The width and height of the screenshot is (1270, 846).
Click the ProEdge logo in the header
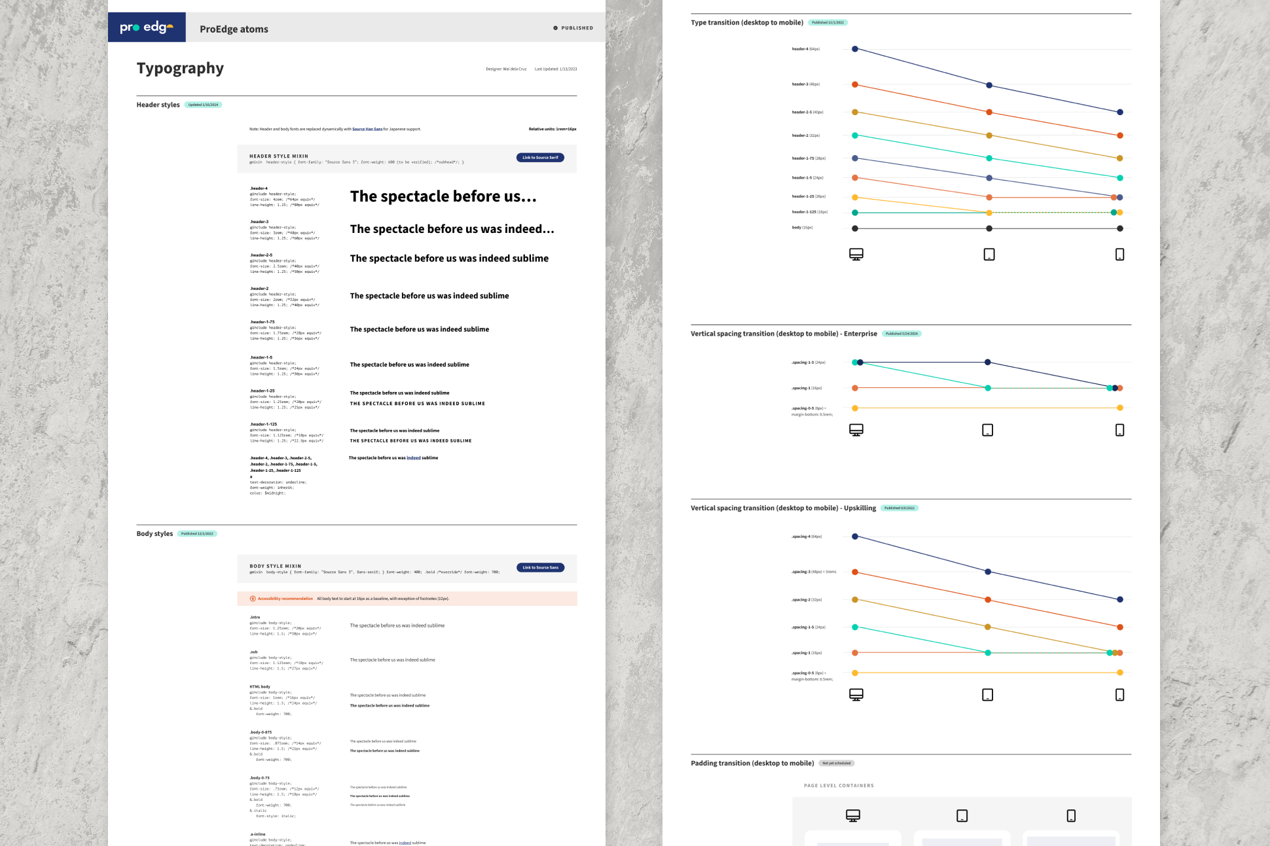click(147, 27)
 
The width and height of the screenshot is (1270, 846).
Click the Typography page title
click(180, 68)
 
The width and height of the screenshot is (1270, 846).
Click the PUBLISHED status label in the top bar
click(573, 28)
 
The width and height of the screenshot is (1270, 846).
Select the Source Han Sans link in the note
click(367, 129)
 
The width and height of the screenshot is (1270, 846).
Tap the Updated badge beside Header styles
click(203, 105)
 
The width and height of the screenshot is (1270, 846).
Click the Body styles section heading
click(154, 534)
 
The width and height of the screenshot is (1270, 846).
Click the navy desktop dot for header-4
click(855, 49)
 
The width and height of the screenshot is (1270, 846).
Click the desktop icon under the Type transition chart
click(856, 254)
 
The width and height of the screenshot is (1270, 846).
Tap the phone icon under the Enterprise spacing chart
click(1120, 430)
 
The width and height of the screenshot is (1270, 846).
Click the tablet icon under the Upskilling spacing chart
click(988, 695)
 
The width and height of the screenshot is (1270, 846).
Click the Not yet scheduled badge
click(837, 763)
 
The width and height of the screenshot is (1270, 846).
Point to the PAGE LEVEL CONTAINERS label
click(839, 786)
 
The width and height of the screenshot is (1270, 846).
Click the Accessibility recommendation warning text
click(285, 599)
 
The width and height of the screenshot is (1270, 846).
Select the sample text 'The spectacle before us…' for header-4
click(443, 196)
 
